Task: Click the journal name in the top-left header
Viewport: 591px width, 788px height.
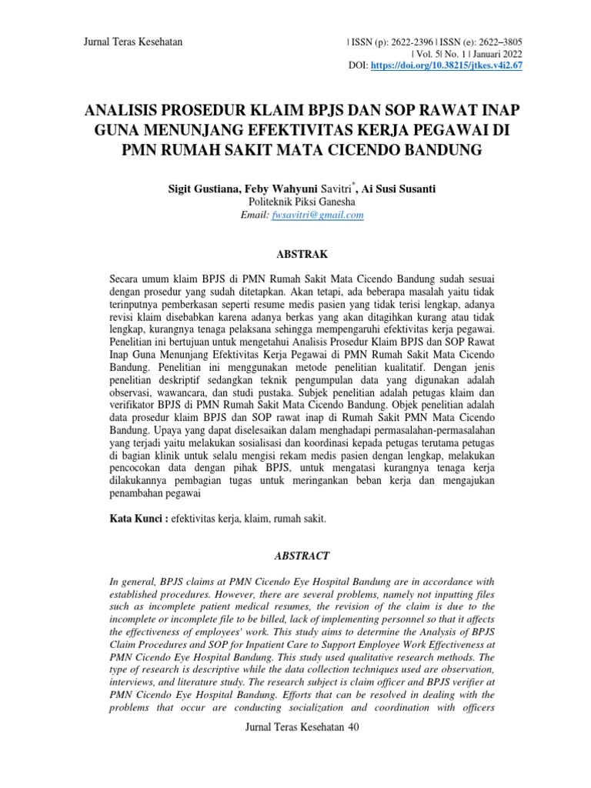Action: click(x=132, y=42)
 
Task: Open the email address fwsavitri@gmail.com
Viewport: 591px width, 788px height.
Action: click(x=317, y=215)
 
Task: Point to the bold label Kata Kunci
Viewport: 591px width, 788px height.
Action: click(x=136, y=519)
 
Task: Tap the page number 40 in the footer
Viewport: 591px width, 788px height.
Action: click(x=353, y=726)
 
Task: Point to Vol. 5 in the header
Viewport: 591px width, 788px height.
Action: click(x=426, y=54)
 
